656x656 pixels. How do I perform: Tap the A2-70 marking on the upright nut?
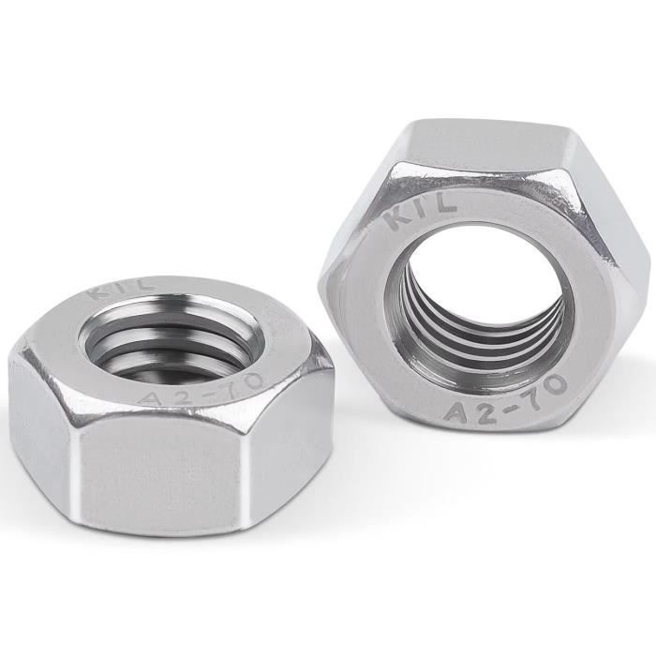click(x=503, y=396)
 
